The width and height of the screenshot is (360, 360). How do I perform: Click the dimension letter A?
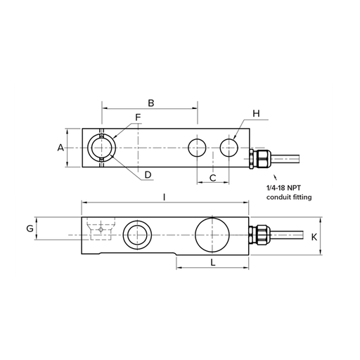point(60,148)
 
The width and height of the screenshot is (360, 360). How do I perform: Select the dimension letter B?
point(151,103)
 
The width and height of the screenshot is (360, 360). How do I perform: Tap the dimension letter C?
point(213,178)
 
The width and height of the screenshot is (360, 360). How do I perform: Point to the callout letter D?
point(148,174)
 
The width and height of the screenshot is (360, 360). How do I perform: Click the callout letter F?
point(138,117)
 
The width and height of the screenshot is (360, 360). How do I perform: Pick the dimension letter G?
point(30,229)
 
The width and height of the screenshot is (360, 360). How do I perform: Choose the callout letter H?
point(256,113)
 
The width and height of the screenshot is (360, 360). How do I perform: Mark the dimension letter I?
point(165,198)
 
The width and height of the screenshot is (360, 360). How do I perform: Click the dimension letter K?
point(314,237)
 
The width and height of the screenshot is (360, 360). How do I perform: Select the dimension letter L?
point(213,262)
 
